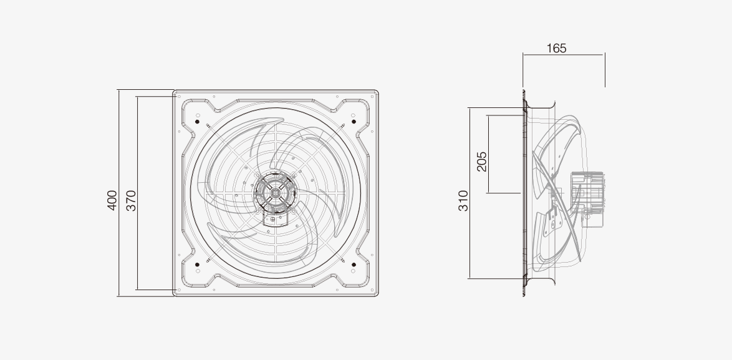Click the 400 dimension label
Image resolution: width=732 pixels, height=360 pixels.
click(x=112, y=200)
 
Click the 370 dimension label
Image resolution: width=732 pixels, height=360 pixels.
click(x=131, y=200)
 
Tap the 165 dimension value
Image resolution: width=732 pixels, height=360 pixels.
click(x=556, y=48)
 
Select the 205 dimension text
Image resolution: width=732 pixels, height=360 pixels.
click(x=482, y=162)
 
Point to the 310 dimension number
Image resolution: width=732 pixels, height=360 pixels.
click(x=463, y=201)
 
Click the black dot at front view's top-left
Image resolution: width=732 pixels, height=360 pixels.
click(x=198, y=122)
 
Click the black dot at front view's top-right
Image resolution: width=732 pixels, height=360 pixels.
click(x=354, y=122)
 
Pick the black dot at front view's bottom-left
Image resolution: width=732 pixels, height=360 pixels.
click(x=198, y=265)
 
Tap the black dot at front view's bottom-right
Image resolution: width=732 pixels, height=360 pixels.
click(x=354, y=265)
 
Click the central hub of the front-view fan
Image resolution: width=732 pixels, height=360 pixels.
click(x=276, y=193)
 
